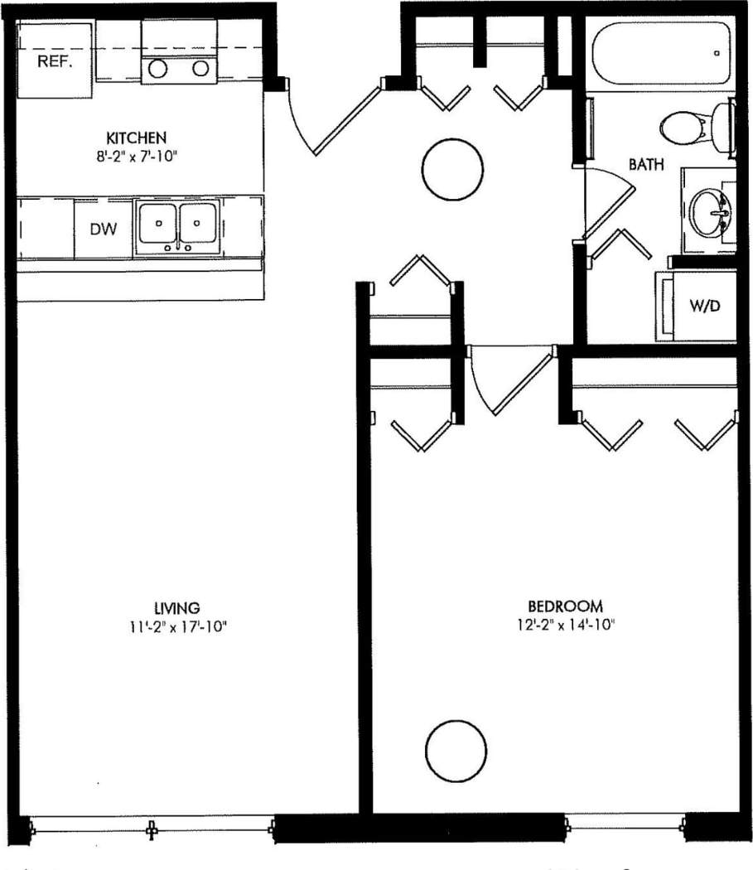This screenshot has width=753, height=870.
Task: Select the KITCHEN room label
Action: [137, 137]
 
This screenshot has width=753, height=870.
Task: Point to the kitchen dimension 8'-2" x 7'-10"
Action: [137, 153]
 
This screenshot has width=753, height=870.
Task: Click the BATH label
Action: [645, 164]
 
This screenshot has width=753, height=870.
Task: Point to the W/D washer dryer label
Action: [705, 307]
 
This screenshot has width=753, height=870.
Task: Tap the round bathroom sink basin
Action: [709, 210]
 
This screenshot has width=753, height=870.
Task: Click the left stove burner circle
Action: [158, 69]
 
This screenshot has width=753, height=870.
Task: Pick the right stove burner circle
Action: [200, 69]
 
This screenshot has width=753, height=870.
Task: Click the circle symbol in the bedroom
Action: [456, 749]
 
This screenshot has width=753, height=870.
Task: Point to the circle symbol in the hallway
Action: [451, 170]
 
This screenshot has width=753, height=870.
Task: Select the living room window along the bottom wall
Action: [152, 826]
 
